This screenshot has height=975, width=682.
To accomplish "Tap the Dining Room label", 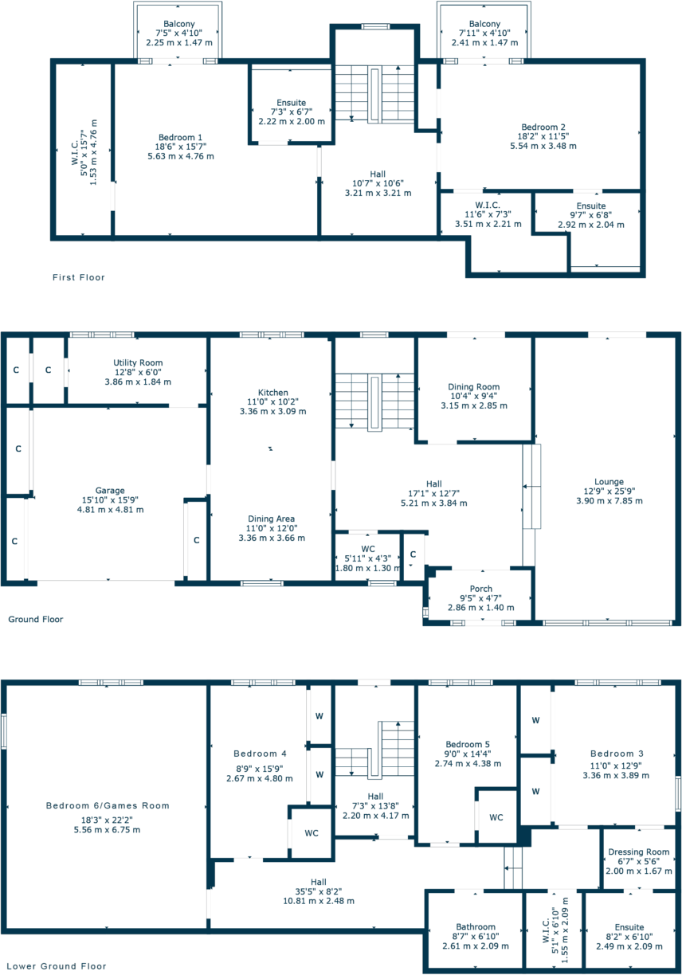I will pos(474,386).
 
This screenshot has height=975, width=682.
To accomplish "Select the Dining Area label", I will pos(272,519).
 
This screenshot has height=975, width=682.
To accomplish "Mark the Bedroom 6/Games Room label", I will pos(108,805).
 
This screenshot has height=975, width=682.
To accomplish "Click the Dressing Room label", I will pos(638,852).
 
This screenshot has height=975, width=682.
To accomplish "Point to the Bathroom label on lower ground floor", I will pos(476,926).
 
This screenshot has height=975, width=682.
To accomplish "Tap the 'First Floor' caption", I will pos(78,277).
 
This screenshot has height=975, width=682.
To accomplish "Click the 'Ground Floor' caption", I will pos(35,619).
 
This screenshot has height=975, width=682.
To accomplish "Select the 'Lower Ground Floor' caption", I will pos(54,965).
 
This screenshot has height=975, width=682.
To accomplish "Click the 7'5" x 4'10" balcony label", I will pos(179,34).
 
